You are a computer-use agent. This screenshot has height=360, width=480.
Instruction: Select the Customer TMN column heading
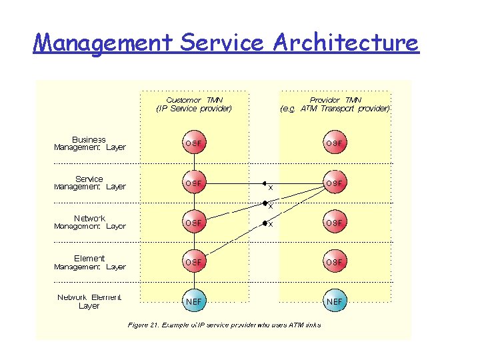point(194,104)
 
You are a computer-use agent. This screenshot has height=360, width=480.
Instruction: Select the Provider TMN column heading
point(335,104)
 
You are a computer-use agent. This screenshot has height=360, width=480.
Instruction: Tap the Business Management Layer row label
point(89,143)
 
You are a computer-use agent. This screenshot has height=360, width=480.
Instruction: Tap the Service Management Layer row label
point(89,183)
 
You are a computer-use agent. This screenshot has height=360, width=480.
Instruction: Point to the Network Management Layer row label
point(89,222)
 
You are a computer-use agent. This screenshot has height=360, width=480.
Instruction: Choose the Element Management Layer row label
point(89,263)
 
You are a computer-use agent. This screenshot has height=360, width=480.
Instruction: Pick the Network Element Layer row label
point(89,301)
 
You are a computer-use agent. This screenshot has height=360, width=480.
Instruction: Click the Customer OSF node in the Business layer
point(194,143)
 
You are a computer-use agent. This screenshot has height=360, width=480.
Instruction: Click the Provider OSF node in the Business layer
point(335,143)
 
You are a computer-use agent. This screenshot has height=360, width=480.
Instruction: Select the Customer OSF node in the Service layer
point(194,183)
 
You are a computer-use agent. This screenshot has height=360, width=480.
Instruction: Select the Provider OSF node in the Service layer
point(335,183)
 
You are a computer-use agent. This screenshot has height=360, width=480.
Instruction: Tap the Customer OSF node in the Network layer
point(194,222)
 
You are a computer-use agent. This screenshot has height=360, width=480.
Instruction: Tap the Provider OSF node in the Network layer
point(335,222)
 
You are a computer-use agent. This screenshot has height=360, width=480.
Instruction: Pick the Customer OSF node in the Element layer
point(194,262)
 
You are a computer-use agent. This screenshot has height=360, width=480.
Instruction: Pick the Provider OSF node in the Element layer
point(335,262)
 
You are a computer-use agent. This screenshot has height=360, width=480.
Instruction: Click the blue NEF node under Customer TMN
point(194,301)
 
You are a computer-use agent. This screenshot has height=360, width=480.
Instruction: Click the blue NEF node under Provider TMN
point(335,301)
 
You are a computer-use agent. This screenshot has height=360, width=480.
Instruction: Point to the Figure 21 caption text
point(224,325)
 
